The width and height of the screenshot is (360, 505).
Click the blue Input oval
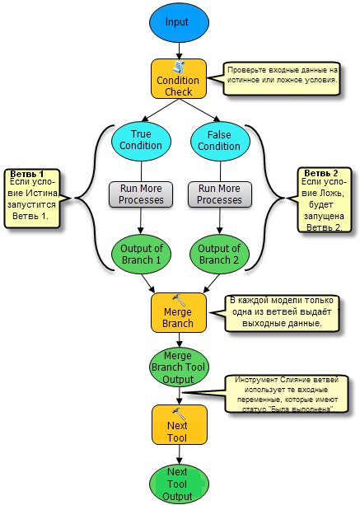coord(179,22)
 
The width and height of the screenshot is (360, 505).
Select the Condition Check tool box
coord(179,78)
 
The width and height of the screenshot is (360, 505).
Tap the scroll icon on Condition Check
coord(179,67)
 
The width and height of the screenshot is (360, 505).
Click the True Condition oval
coord(141,141)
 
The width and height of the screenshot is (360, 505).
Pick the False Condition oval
coord(220,141)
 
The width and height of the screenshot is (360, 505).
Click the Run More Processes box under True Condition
coord(141,194)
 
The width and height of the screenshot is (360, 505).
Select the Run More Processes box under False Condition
coord(220,194)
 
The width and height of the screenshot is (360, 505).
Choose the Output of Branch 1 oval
coord(141,255)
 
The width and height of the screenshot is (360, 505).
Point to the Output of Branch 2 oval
coord(219,255)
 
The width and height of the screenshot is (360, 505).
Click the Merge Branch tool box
coord(179,312)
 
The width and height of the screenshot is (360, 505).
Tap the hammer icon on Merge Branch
coord(179,300)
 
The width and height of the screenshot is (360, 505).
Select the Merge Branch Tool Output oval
coord(179,367)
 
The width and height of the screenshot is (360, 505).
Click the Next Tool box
coord(180,425)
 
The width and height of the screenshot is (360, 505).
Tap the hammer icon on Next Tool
coord(179,414)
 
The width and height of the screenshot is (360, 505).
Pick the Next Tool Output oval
coord(179,484)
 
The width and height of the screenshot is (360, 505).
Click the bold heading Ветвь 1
coord(26,175)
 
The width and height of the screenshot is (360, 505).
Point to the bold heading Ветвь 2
coord(320,173)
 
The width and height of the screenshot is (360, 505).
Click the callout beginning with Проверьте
coord(282,78)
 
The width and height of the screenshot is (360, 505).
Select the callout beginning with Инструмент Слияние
coord(287,394)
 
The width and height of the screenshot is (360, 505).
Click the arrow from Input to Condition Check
coord(179,50)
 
